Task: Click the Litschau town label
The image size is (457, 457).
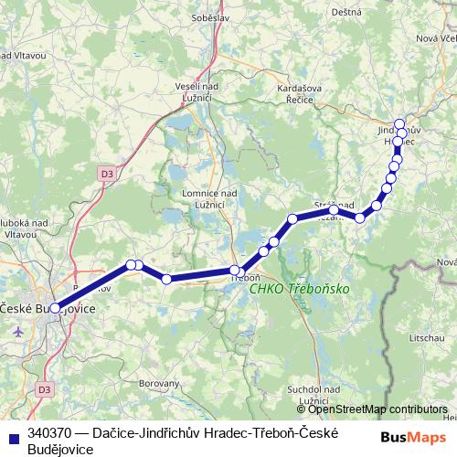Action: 429,338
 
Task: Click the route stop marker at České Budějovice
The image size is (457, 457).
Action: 55,308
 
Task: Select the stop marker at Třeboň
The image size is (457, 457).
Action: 235,271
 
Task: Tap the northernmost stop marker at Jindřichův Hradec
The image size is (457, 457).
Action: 399,124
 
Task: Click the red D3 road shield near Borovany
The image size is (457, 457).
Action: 44,390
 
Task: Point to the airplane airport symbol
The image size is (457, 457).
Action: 21,329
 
